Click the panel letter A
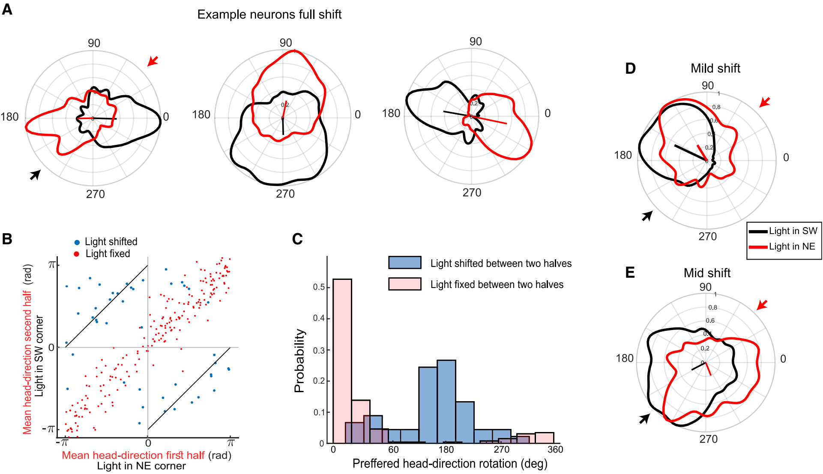pos(7,9)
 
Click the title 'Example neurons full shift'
pos(269,15)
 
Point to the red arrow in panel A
pos(153,61)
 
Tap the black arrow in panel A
pos(35,174)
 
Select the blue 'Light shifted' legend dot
pos(77,242)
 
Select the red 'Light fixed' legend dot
pos(77,254)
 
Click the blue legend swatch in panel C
pos(404,263)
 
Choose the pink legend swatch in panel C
pos(404,284)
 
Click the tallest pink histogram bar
pos(342,360)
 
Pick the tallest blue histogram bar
pos(446,401)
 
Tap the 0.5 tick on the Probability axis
pos(319,287)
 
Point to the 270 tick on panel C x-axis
pos(501,450)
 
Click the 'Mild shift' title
pos(715,69)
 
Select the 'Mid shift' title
pos(706,273)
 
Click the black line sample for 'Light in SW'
pos(758,231)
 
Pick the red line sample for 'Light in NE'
pos(758,247)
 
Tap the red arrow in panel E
pos(762,305)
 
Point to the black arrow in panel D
pos(647,216)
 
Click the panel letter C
pos(297,239)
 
